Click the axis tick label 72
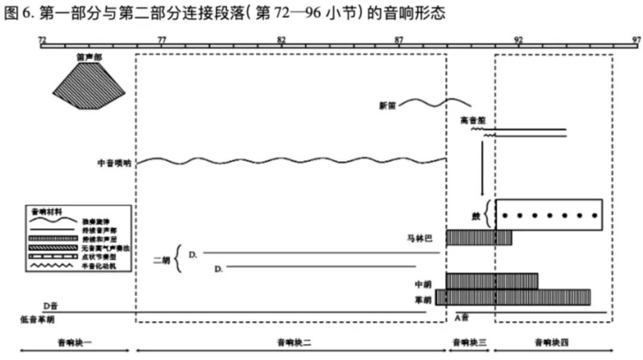pos(42,39)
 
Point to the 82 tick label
pos(281,39)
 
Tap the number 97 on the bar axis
pos(636,39)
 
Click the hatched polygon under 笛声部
pos(89,86)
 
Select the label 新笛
pos(388,106)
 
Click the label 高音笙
pos(473,120)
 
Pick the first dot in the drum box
pos(505,215)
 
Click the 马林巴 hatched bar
pos(479,237)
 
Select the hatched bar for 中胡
pos(491,280)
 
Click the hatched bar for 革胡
pos(513,297)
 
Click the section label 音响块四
pos(551,342)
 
